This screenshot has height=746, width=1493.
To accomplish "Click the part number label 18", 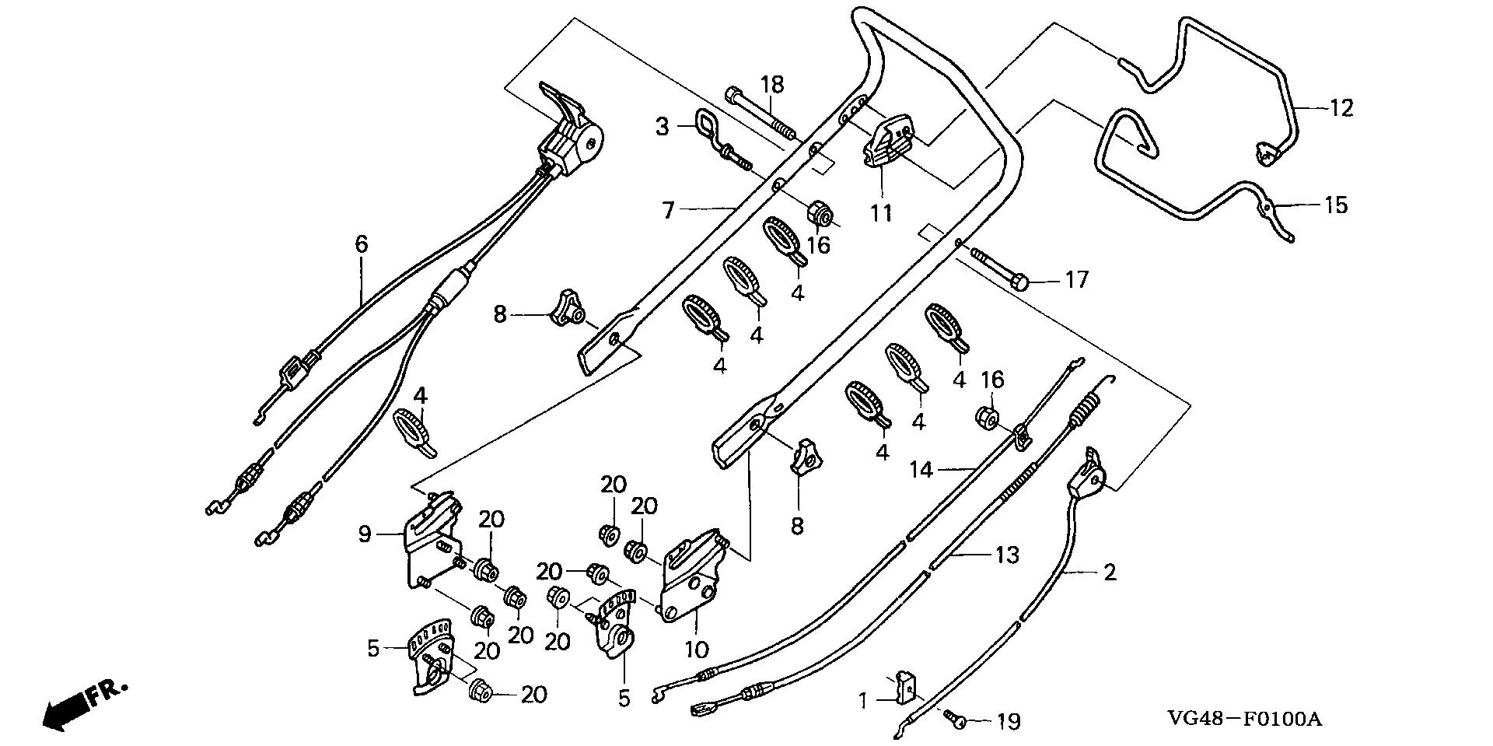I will [772, 85].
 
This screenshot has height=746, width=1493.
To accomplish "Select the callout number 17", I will [1076, 278].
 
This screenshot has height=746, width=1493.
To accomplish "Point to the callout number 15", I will [1336, 205].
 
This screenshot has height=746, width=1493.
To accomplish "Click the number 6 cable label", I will [361, 244].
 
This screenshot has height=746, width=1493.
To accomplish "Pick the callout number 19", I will [1008, 722].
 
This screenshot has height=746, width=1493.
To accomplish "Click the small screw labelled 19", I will [956, 720].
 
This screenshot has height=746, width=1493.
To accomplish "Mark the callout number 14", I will [922, 469].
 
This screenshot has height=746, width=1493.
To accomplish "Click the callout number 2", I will [1110, 573].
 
